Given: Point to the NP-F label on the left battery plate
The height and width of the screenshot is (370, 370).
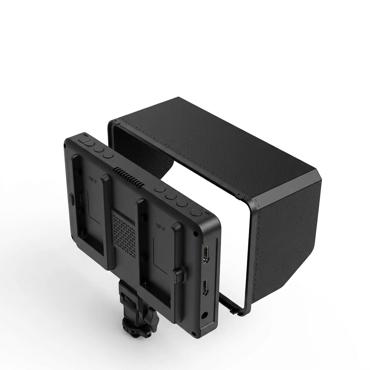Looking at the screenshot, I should coord(92,178).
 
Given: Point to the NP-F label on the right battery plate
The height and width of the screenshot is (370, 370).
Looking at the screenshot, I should coord(160,226).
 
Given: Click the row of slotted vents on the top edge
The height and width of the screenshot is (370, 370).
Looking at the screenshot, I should coord(129,177).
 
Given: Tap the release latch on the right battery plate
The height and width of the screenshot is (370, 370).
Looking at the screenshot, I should coord(178,276).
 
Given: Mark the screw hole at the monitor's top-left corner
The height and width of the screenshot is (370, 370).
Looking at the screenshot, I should coord(65,146).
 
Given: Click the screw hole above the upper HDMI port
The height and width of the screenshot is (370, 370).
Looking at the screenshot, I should coord(196,234).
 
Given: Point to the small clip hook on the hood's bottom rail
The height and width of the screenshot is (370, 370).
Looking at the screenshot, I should coord(234,309).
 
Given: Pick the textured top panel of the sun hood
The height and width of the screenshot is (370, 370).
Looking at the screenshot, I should coord(213,145).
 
